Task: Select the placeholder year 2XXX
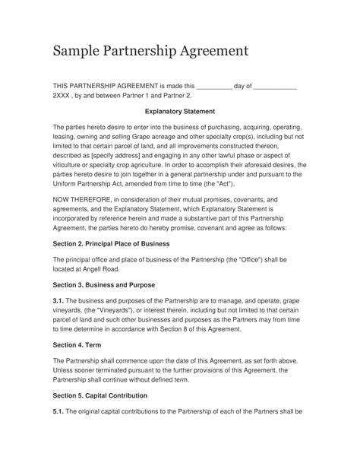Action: click(x=65, y=96)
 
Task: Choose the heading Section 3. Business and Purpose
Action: click(x=103, y=285)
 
